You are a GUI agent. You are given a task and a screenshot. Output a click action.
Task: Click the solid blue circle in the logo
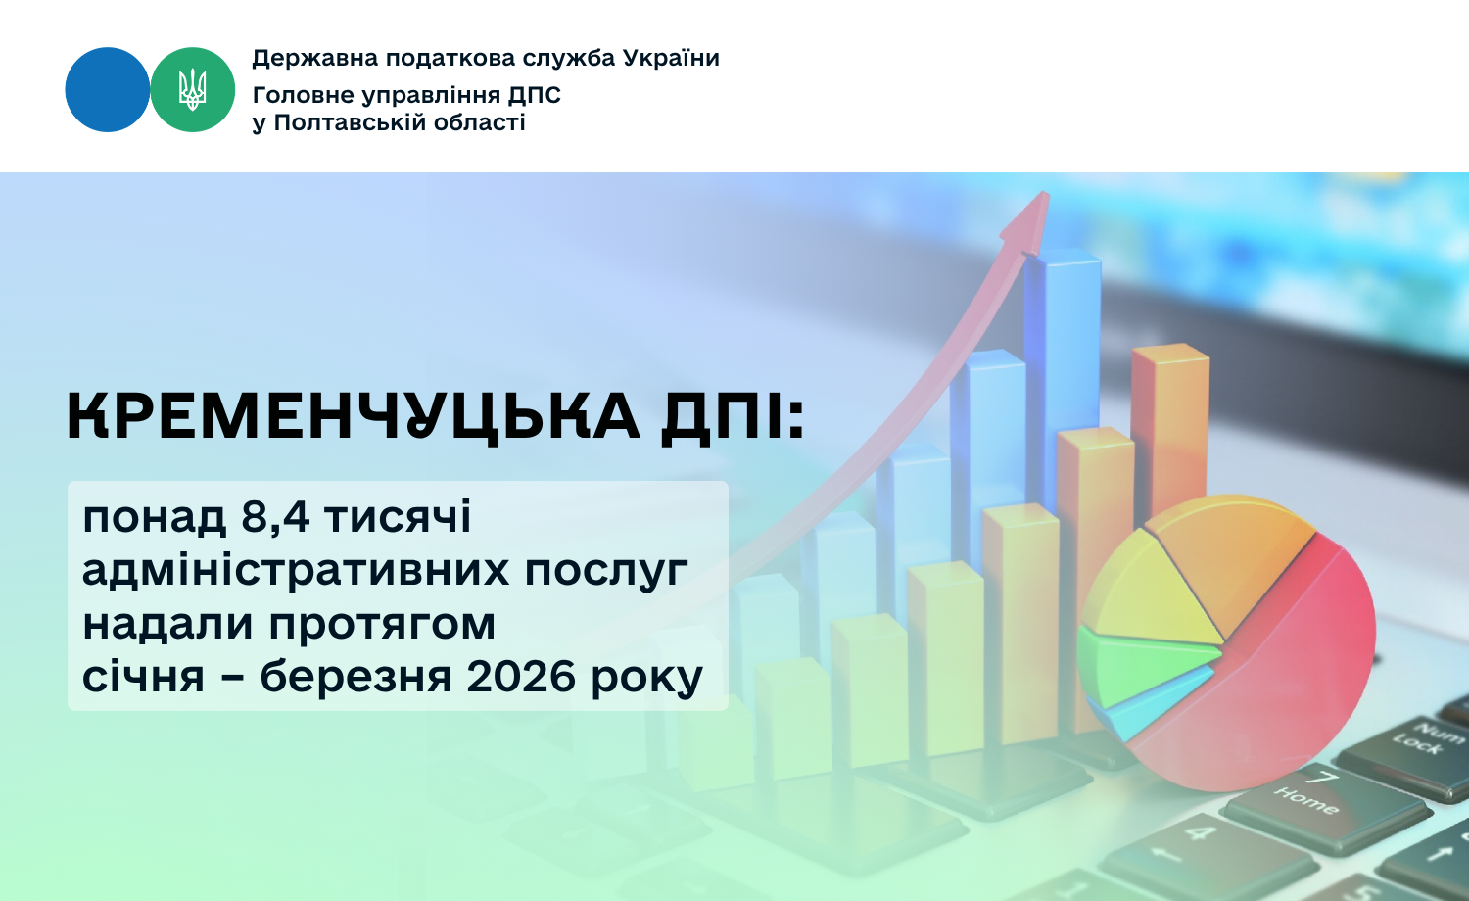pos(108,90)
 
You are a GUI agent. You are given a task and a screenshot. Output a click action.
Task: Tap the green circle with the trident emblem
pos(193,90)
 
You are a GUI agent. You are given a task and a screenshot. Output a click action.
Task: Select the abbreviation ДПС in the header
pos(535,95)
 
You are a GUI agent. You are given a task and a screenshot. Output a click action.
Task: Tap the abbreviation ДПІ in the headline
pos(732,416)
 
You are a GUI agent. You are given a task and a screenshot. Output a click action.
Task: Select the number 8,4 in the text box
pos(275,517)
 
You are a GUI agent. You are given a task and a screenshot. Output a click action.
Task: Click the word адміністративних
pos(296,570)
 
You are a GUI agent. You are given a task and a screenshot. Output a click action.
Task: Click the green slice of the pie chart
pos(1142,666)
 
